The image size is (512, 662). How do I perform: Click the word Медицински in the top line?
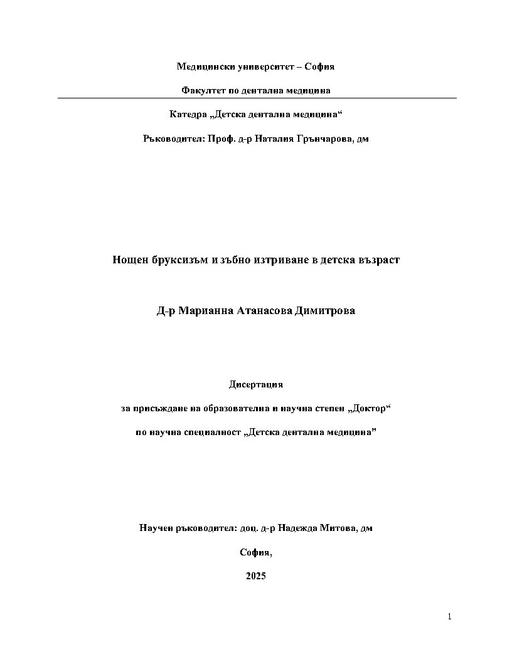pos(200,66)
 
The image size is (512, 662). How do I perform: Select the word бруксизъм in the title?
pos(180,260)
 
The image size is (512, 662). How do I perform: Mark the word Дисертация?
pos(256,384)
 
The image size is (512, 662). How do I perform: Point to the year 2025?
pos(256,576)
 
